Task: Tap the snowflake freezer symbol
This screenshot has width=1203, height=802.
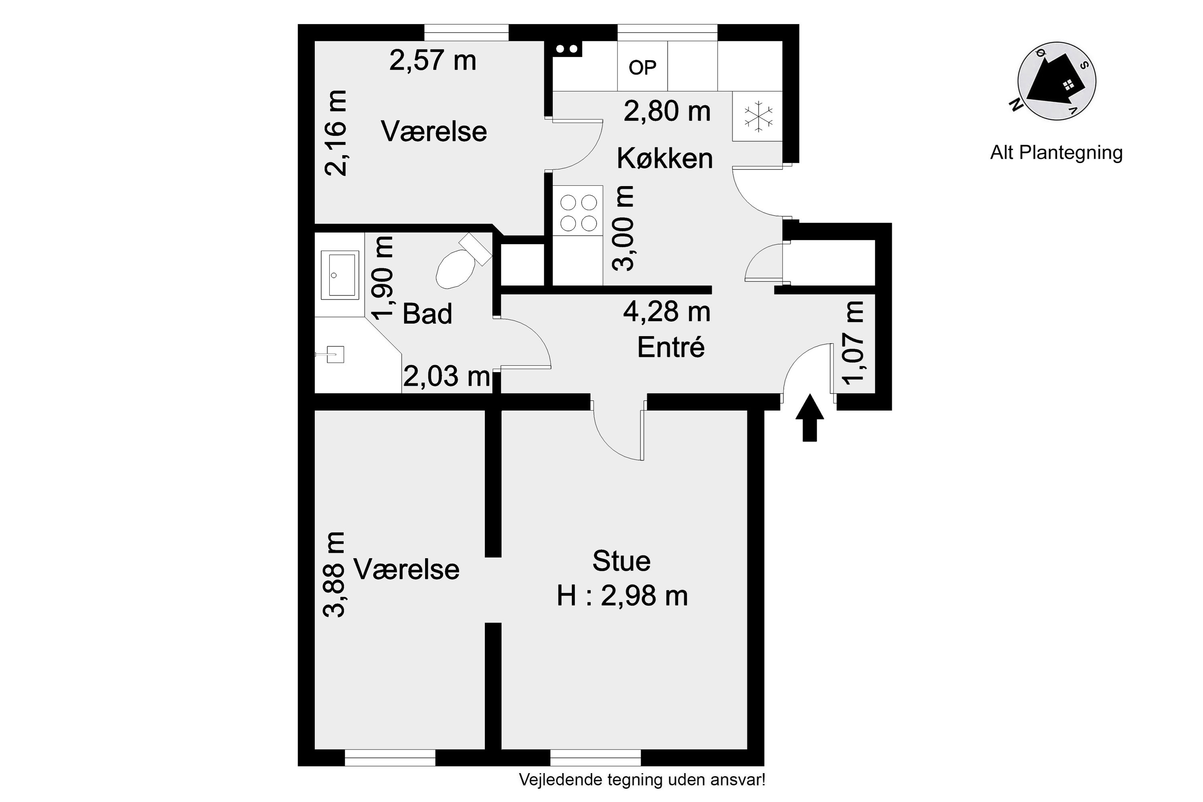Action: [758, 116]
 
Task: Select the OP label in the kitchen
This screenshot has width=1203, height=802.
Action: [642, 67]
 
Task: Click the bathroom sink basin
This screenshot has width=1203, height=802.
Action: [339, 275]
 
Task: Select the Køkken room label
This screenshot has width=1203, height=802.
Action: [664, 158]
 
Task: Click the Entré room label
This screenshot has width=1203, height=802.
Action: [670, 348]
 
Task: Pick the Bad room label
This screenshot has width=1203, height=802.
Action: [427, 314]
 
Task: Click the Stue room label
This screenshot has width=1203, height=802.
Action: [622, 561]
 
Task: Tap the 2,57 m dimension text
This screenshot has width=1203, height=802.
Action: [433, 61]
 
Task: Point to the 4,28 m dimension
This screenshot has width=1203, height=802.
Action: [666, 312]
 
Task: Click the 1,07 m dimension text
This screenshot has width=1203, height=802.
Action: [853, 343]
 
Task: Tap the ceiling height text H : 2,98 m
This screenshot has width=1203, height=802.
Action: [622, 596]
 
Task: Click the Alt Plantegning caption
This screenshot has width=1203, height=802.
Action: [1056, 152]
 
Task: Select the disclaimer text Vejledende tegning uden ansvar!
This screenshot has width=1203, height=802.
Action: [642, 780]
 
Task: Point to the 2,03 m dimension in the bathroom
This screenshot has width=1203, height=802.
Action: [446, 377]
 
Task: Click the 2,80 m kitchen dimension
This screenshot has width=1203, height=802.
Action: [667, 111]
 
